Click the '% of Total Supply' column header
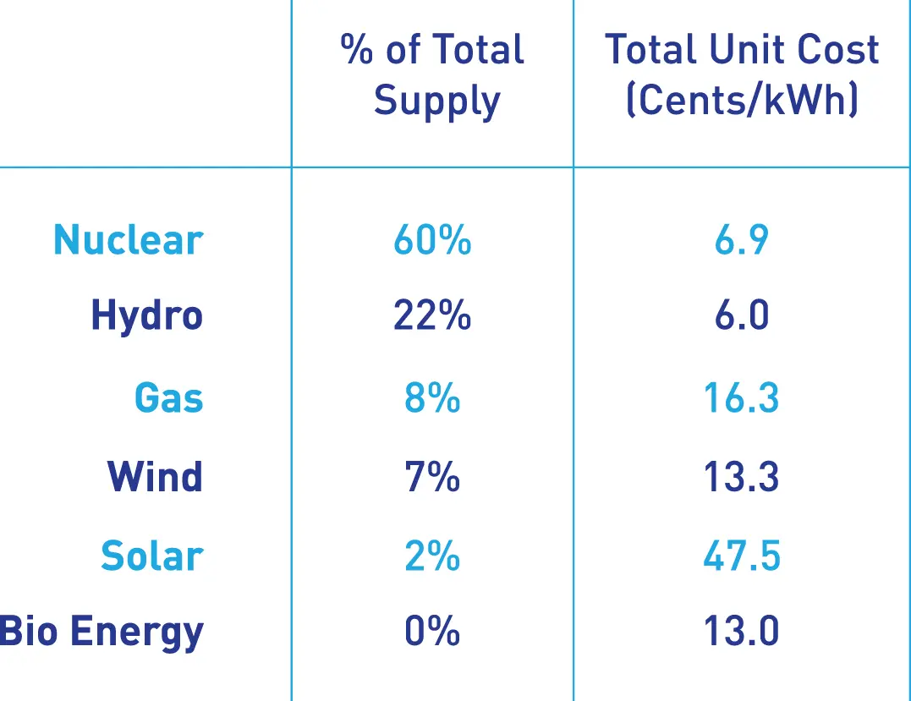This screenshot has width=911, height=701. [433, 75]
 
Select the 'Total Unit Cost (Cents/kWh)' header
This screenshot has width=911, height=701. [742, 75]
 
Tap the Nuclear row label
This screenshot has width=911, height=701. [129, 240]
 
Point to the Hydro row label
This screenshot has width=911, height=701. [147, 317]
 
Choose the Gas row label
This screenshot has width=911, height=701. [169, 397]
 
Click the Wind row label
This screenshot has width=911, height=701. [156, 477]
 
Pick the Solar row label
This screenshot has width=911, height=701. [152, 556]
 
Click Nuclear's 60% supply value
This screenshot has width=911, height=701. [432, 240]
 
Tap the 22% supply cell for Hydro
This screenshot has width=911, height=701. [432, 316]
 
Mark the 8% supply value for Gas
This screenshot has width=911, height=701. [432, 397]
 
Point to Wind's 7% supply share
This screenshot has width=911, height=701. [432, 477]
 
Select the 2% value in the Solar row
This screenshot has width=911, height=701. [432, 556]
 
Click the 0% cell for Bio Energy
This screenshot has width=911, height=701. [432, 632]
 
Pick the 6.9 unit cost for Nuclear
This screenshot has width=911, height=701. [742, 240]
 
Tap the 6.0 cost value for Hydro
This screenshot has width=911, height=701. [742, 316]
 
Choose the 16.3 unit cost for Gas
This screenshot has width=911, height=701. [742, 397]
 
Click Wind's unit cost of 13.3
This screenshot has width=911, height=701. [742, 477]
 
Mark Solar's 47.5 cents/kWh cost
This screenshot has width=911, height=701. [742, 556]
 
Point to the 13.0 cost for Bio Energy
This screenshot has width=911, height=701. [742, 632]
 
